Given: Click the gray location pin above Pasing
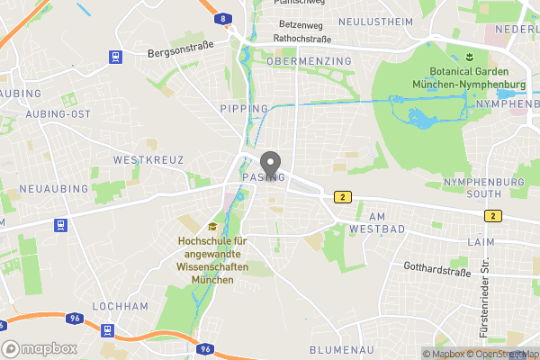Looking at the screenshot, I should click(269, 163).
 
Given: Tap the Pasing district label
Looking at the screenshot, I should click(264, 177).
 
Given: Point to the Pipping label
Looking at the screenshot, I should click(244, 109).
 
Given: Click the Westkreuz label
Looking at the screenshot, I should click(148, 159).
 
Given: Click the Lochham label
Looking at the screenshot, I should click(120, 306).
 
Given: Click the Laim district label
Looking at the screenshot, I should click(481, 242).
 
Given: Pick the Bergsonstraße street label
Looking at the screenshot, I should click(179, 54).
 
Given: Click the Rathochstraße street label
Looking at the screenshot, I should click(302, 39).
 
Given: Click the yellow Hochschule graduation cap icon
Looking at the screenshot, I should click(212, 227).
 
